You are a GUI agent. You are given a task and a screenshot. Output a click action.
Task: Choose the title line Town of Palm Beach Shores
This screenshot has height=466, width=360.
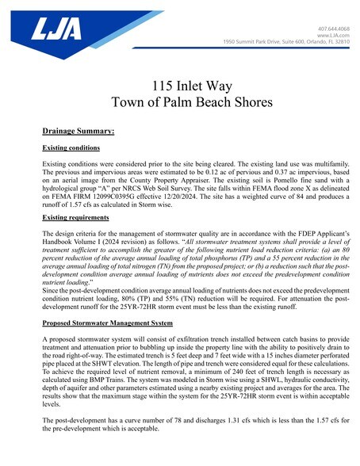point(180,101)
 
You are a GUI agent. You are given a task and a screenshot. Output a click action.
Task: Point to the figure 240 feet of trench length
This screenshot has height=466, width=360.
point(217,357)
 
